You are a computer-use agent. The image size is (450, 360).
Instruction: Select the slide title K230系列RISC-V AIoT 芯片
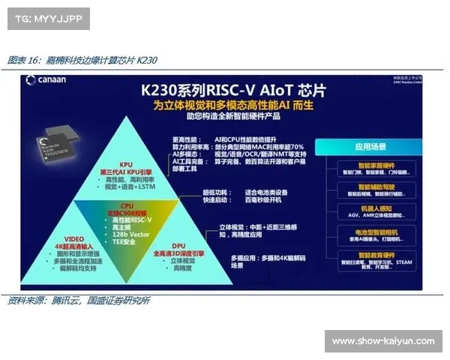tap(238, 90)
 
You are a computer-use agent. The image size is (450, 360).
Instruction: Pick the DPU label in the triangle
tap(177, 245)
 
